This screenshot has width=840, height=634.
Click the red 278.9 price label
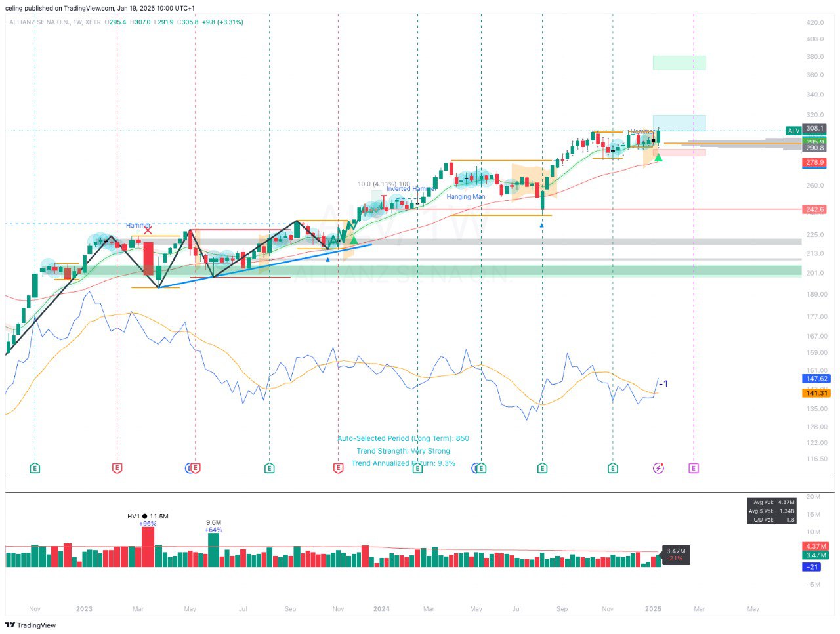pyautogui.click(x=814, y=162)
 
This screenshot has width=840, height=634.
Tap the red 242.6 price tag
pyautogui.click(x=814, y=209)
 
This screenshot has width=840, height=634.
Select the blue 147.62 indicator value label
pyautogui.click(x=816, y=379)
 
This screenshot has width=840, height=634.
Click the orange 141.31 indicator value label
pyautogui.click(x=816, y=393)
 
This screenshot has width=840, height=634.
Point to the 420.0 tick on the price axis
pyautogui.click(x=814, y=22)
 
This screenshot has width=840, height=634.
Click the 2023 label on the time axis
pyautogui.click(x=84, y=609)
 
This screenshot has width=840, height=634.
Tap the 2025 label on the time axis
pyautogui.click(x=653, y=609)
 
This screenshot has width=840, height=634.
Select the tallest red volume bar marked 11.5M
pyautogui.click(x=148, y=546)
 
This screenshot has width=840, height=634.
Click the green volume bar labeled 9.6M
pyautogui.click(x=213, y=549)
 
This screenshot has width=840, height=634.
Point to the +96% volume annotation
pyautogui.click(x=148, y=524)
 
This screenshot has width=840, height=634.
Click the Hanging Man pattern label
pyautogui.click(x=466, y=197)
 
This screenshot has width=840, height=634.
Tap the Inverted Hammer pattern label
pyautogui.click(x=411, y=189)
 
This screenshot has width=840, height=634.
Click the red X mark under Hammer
pyautogui.click(x=148, y=230)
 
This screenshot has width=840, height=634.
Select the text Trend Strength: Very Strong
pyautogui.click(x=403, y=451)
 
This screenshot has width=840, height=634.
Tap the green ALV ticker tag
pyautogui.click(x=793, y=131)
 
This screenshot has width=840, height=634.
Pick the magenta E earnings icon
pyautogui.click(x=694, y=468)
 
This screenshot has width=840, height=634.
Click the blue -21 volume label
pyautogui.click(x=812, y=567)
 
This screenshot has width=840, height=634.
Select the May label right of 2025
pyautogui.click(x=753, y=609)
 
